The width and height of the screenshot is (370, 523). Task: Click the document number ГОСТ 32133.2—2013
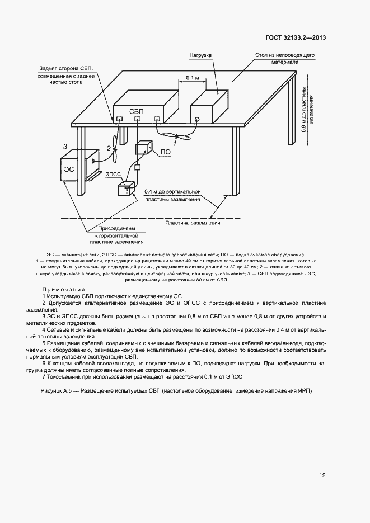pyautogui.click(x=296, y=38)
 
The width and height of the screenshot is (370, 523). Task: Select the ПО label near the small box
pyautogui.click(x=165, y=152)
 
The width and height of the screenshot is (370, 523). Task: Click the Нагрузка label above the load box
pyautogui.click(x=199, y=56)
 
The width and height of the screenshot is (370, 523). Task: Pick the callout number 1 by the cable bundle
pyautogui.click(x=175, y=143)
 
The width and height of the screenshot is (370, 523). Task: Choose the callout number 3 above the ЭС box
pyautogui.click(x=65, y=147)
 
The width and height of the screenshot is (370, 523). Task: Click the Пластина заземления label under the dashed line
pyautogui.click(x=193, y=223)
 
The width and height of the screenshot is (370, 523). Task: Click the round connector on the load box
pyautogui.click(x=196, y=119)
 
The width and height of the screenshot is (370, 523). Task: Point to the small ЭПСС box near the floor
pyautogui.click(x=127, y=189)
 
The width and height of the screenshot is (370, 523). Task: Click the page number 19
pyautogui.click(x=322, y=475)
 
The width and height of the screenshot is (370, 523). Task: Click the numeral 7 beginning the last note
pyautogui.click(x=44, y=376)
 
